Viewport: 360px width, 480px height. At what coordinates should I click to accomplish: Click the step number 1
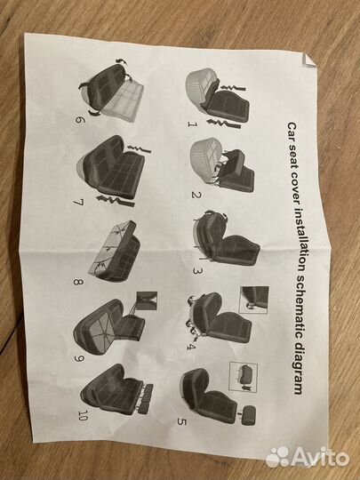pyautogui.click(x=192, y=124)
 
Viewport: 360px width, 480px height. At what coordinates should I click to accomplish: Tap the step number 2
pyautogui.click(x=196, y=195)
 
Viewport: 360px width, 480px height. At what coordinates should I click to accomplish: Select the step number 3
pyautogui.click(x=197, y=270)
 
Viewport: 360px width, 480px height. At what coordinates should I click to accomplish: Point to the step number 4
pyautogui.click(x=191, y=347)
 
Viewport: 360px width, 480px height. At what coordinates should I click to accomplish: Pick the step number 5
pyautogui.click(x=182, y=421)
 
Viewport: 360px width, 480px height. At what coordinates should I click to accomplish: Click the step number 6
pyautogui.click(x=79, y=119)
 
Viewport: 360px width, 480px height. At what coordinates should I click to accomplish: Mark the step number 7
pyautogui.click(x=78, y=202)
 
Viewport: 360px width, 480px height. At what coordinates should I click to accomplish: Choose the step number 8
pyautogui.click(x=78, y=281)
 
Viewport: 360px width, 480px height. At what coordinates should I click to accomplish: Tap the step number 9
pyautogui.click(x=79, y=358)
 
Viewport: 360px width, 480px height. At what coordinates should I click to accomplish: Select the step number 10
pyautogui.click(x=83, y=415)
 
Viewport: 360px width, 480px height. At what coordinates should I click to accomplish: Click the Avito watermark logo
pyautogui.click(x=308, y=458)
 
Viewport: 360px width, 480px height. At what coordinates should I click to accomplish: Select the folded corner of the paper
pyautogui.click(x=308, y=60)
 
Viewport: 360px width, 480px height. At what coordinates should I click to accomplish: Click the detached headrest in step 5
pyautogui.click(x=248, y=415)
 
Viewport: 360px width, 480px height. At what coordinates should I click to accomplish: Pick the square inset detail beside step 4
pyautogui.click(x=254, y=300)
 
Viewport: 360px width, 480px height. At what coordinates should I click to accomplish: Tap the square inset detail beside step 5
pyautogui.click(x=244, y=377)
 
